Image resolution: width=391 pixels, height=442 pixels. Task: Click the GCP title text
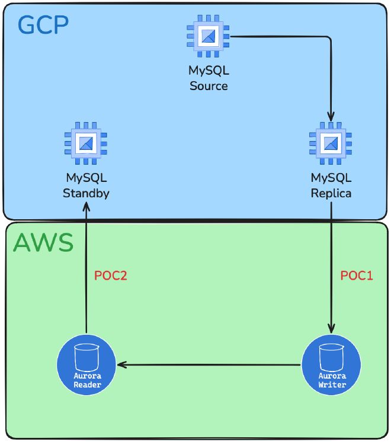43,24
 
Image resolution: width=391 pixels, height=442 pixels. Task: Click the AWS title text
43,243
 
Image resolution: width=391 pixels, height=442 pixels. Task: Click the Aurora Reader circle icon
86,363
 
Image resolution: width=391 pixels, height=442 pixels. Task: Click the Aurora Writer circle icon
331,363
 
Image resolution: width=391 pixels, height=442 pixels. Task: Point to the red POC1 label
357,276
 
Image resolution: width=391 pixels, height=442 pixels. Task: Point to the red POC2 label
111,276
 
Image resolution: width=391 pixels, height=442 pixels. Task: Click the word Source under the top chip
209,86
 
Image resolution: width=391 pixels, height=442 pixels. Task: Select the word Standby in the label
86,193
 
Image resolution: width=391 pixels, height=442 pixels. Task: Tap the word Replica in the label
331,193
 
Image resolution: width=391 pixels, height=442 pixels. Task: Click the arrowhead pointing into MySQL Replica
331,117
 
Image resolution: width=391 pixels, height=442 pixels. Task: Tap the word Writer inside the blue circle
331,385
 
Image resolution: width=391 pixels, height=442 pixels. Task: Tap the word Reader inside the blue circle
86,385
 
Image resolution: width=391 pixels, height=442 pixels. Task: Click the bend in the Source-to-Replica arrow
329,38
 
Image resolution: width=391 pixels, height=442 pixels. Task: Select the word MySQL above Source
209,71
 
